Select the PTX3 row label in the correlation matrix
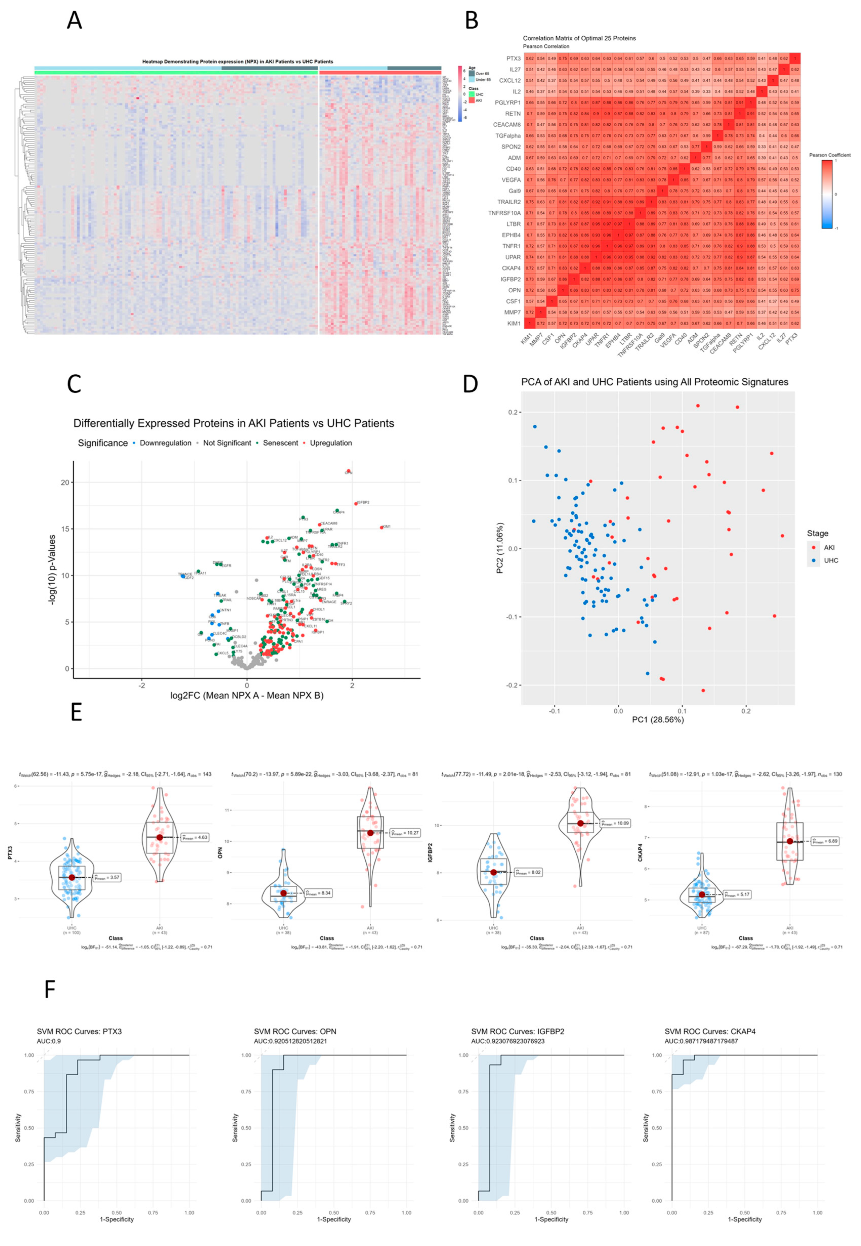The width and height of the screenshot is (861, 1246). tap(513, 58)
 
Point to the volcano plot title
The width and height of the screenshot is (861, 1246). tap(234, 423)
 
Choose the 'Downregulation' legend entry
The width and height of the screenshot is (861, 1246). tap(165, 443)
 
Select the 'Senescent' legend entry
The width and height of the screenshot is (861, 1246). tap(280, 443)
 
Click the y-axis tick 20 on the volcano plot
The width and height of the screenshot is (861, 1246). tap(65, 482)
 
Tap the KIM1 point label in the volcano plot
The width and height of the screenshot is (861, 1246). tap(386, 527)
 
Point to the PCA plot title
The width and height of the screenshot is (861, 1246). tap(654, 382)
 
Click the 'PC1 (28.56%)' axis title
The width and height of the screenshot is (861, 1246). tap(658, 719)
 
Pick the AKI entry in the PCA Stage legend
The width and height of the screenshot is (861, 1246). tap(829, 547)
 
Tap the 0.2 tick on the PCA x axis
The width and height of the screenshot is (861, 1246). tap(745, 710)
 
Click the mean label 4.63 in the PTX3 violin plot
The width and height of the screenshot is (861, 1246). tap(195, 837)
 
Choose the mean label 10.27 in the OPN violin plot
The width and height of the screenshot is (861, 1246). tap(405, 833)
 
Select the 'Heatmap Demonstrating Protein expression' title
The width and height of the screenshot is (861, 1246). tap(237, 61)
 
